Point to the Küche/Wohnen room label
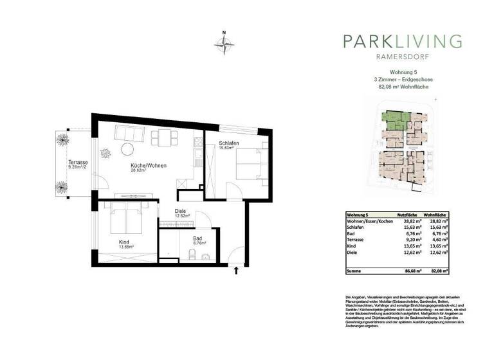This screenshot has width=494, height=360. click(x=149, y=165)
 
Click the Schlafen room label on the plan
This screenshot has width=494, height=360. click(x=230, y=143)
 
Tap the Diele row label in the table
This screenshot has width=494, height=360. click(x=353, y=252)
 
